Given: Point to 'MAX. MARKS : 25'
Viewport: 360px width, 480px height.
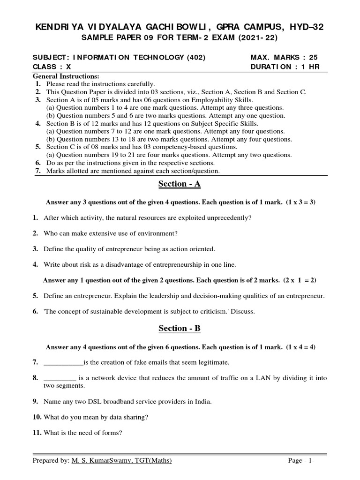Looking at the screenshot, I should pos(285,58).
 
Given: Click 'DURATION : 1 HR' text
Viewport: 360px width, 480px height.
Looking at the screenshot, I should pos(285,67).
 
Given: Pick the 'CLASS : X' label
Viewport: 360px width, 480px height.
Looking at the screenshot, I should pos(52,67).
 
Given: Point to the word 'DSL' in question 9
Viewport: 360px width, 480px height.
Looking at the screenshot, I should pos(92,402).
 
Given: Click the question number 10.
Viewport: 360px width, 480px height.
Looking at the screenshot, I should pos(37,417).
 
